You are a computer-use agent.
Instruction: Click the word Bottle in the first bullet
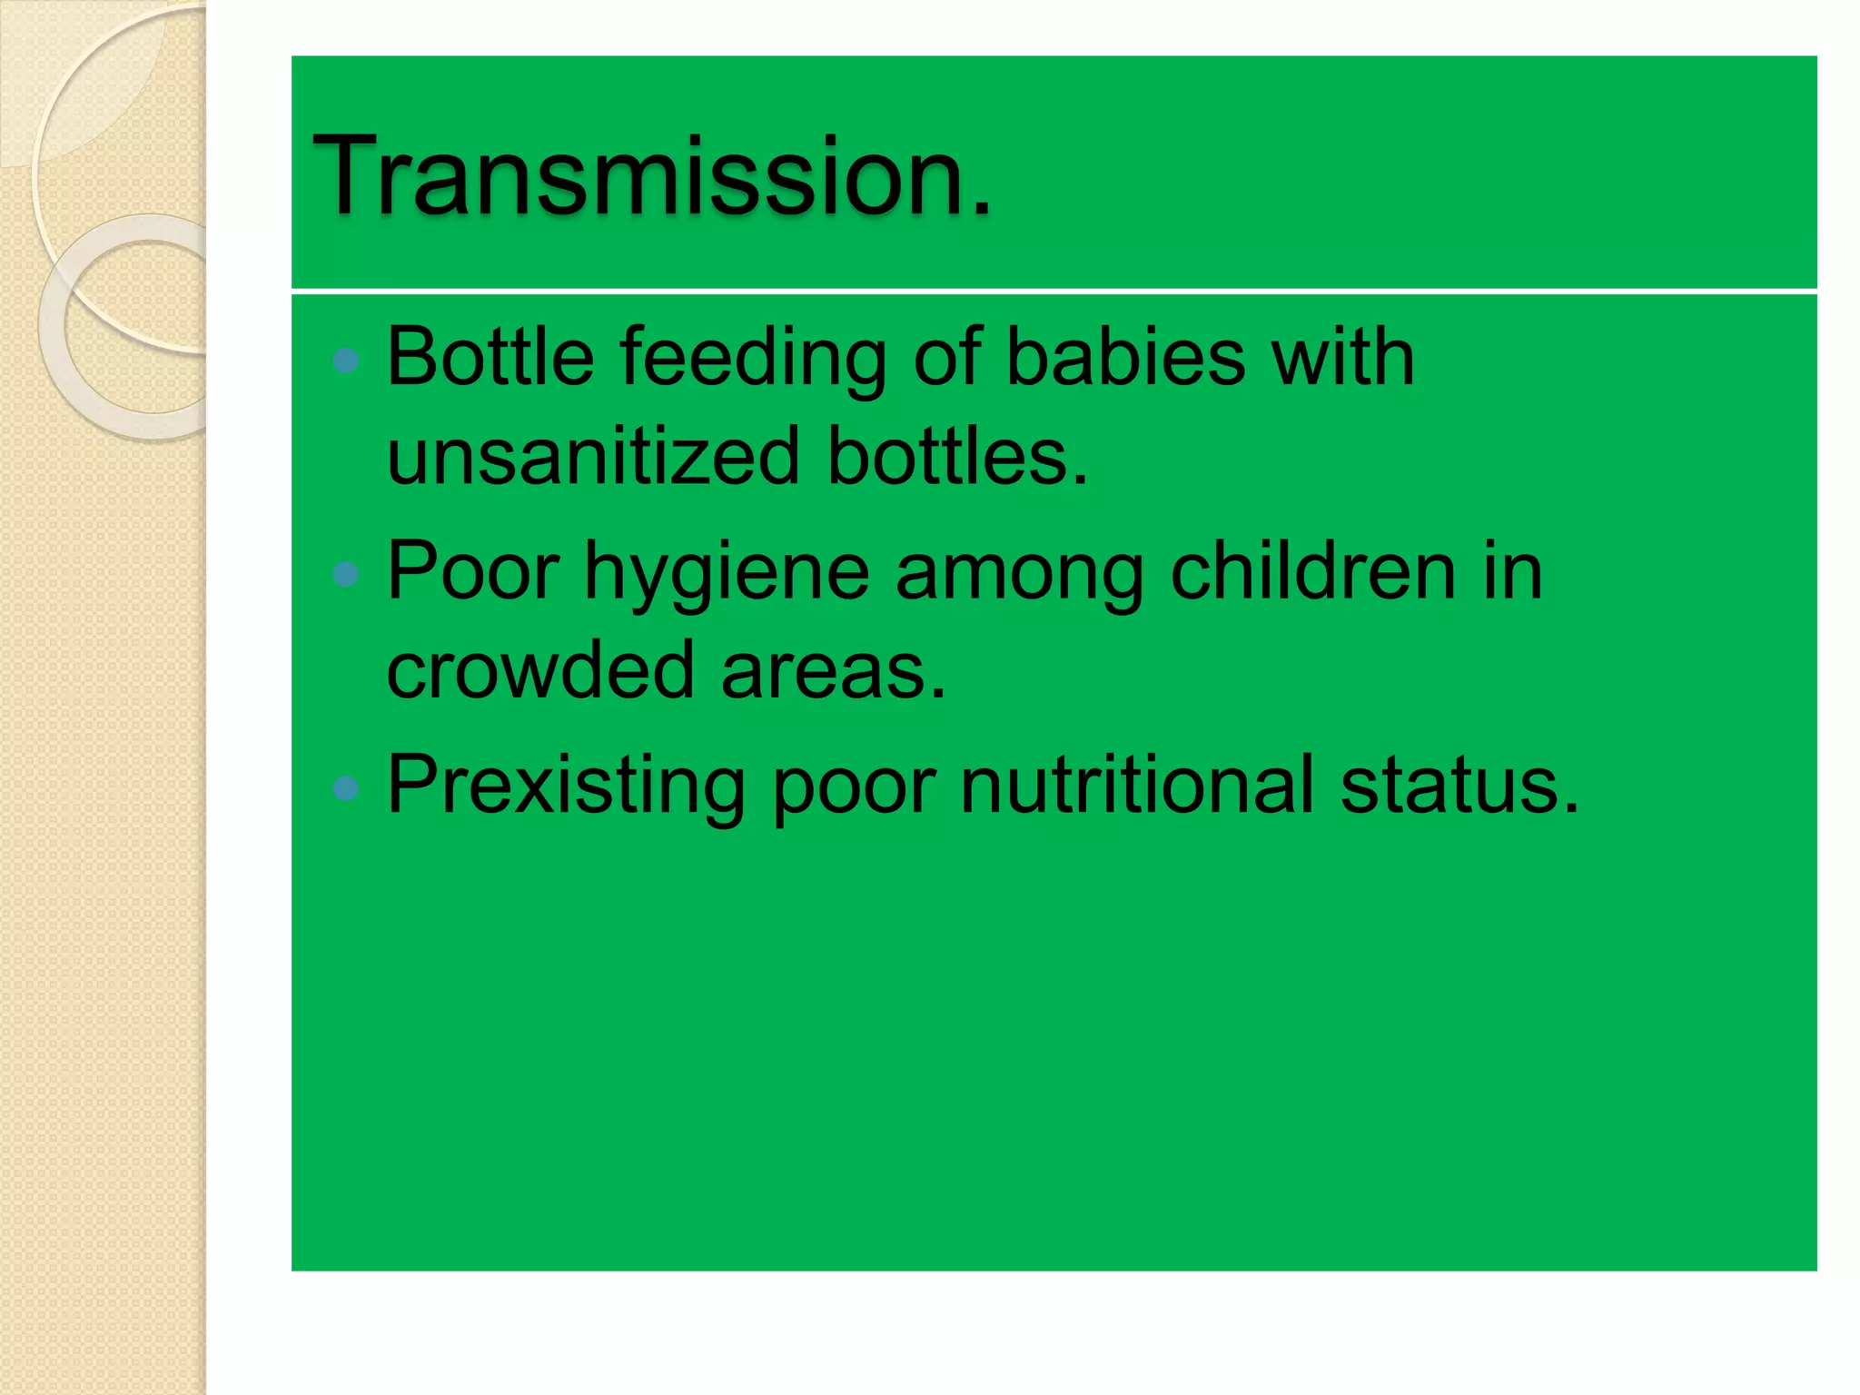point(490,357)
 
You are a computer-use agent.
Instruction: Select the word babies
point(1125,357)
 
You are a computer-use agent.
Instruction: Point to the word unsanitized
point(593,456)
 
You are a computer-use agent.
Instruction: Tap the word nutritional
point(1136,786)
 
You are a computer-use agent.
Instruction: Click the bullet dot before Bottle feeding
point(346,361)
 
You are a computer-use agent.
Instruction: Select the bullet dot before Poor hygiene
point(346,574)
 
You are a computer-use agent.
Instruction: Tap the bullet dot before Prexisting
point(346,787)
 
